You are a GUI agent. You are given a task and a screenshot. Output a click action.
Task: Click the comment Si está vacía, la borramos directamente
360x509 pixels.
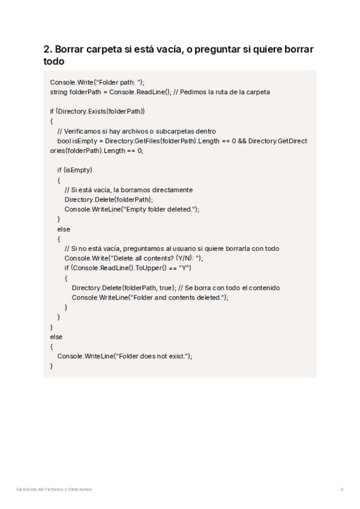128,190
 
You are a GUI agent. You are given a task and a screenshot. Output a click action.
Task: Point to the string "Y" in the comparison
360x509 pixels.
184,268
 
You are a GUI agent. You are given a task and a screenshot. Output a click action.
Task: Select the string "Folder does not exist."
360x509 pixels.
152,356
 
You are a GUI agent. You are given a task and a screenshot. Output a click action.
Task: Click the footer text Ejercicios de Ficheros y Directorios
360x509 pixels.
54,489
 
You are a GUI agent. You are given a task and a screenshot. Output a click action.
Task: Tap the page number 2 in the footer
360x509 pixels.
341,489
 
